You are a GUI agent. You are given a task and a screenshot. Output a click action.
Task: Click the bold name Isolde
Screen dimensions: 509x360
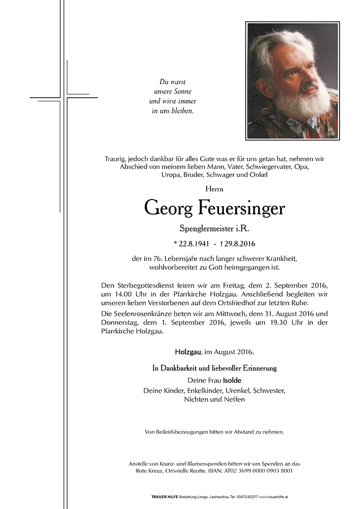232,380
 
